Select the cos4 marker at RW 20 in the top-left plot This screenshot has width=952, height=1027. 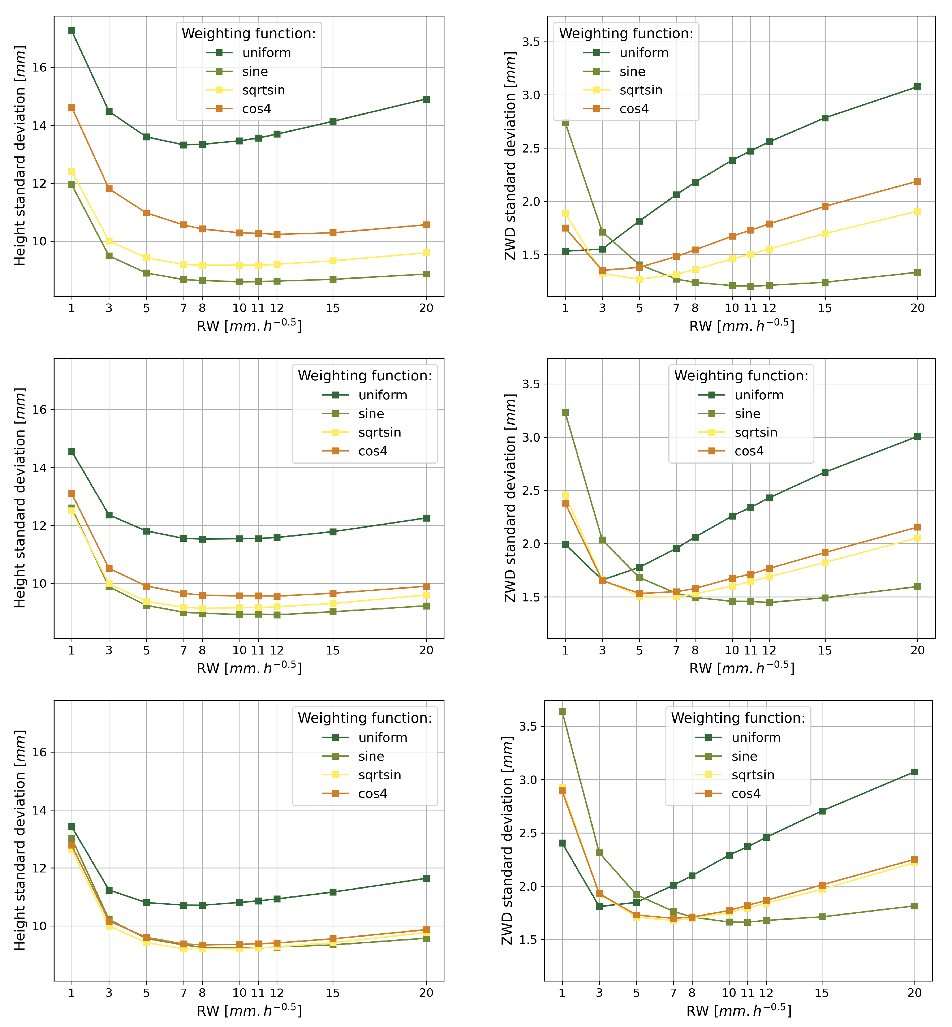point(426,225)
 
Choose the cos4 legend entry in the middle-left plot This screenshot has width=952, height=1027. point(373,451)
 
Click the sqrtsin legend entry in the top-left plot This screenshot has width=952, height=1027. point(263,90)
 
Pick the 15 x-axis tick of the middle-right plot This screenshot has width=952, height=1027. point(825,650)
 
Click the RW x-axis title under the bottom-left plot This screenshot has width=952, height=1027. point(249,1011)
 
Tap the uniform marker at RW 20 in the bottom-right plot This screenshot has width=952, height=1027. point(914,772)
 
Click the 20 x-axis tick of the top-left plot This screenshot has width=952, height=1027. point(426,308)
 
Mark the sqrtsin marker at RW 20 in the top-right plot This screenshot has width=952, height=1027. point(917,211)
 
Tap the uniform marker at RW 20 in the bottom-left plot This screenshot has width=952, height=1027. point(426,878)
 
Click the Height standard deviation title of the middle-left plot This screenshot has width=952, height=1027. point(20,498)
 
